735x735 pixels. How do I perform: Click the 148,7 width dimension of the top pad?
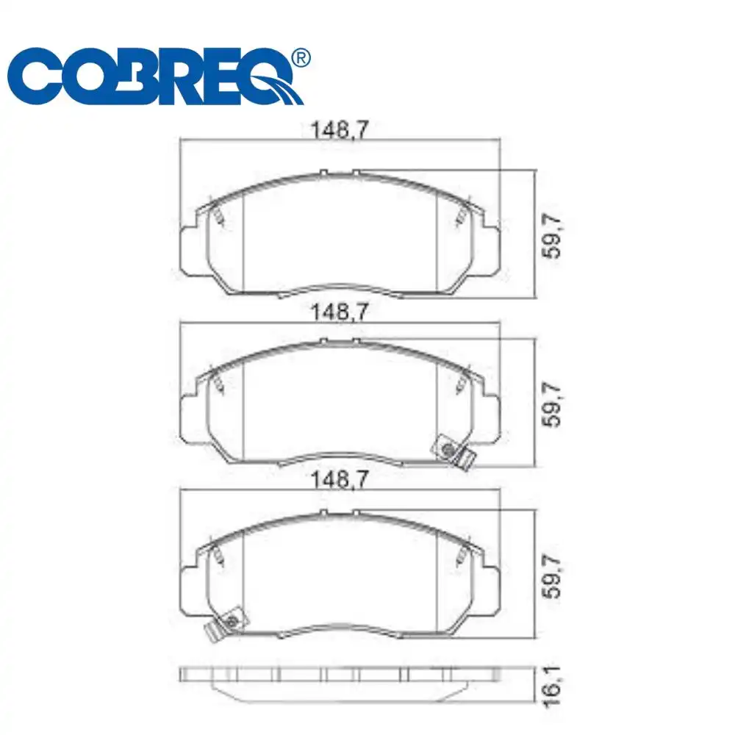coord(340,131)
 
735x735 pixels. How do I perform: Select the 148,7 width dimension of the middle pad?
coord(340,312)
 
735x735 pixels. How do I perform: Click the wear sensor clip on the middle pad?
coord(453,450)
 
